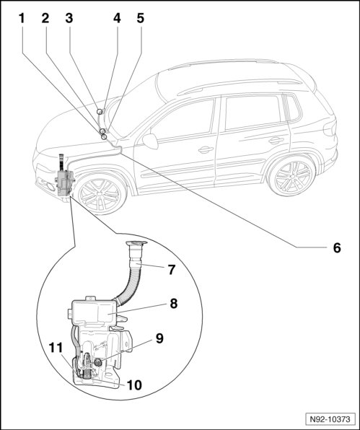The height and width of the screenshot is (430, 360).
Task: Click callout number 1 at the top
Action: coord(22,18)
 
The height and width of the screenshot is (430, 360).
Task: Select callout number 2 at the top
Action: coord(45,18)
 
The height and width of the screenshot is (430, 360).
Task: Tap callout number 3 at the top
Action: coord(69,18)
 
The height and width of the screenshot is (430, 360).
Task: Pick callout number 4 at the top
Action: coord(117,18)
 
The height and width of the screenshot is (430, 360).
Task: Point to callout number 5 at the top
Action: coord(141,18)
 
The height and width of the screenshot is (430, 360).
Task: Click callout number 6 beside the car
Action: coord(337,247)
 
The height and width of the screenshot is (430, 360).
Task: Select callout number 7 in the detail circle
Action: coord(172,270)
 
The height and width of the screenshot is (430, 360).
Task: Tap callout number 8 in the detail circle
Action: coord(174,304)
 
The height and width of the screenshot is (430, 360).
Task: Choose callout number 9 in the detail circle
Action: coord(159,338)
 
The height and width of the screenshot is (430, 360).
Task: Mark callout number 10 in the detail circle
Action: coord(134,385)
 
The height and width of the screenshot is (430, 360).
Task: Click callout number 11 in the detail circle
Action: coord(56,348)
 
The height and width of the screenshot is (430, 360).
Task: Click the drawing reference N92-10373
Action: coord(330,419)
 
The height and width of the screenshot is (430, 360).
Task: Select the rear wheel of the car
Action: coord(291,177)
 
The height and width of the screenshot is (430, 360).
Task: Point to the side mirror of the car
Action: coord(150,141)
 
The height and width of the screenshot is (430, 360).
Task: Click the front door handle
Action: coord(206,150)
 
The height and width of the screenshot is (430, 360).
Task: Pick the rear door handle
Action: coord(276,141)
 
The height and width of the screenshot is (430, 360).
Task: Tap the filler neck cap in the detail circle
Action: coord(136,243)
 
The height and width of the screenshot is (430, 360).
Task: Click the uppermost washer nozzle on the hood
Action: coord(100,111)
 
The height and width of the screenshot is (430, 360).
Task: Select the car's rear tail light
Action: coord(330,128)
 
